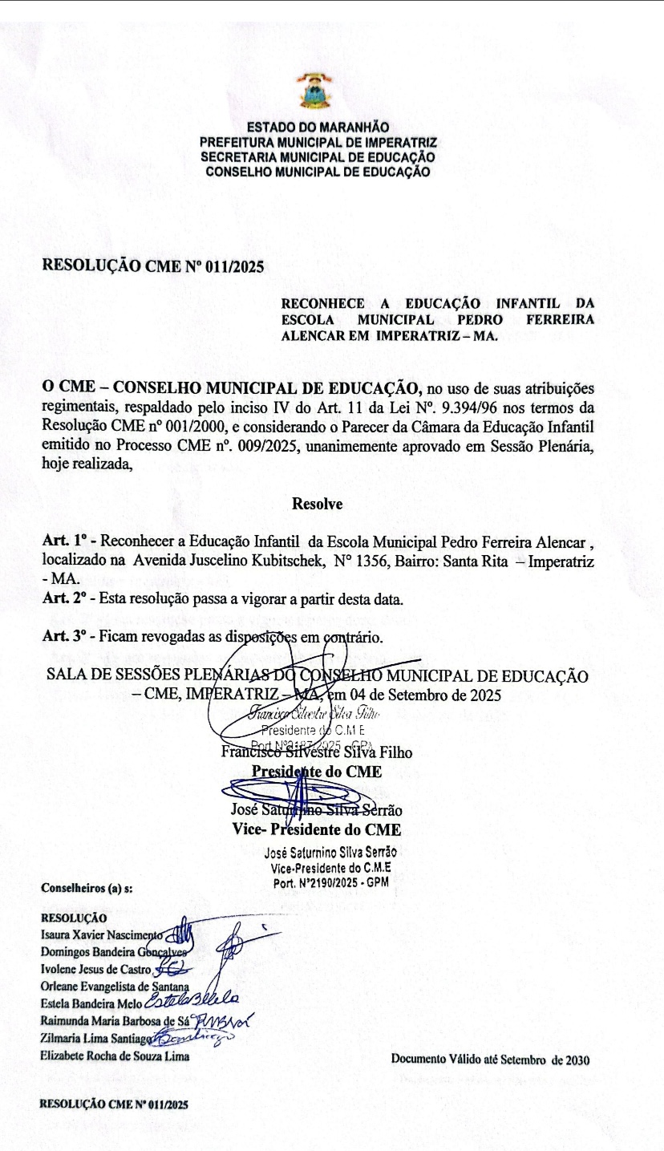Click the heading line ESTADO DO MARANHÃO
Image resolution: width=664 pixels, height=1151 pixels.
pyautogui.click(x=318, y=127)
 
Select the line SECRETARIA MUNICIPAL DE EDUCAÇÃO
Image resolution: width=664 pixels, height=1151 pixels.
pyautogui.click(x=318, y=156)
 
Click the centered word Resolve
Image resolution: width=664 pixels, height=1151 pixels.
pyautogui.click(x=318, y=505)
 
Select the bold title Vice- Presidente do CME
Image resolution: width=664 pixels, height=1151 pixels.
pyautogui.click(x=317, y=829)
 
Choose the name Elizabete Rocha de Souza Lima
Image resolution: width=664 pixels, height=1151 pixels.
pyautogui.click(x=115, y=1056)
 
